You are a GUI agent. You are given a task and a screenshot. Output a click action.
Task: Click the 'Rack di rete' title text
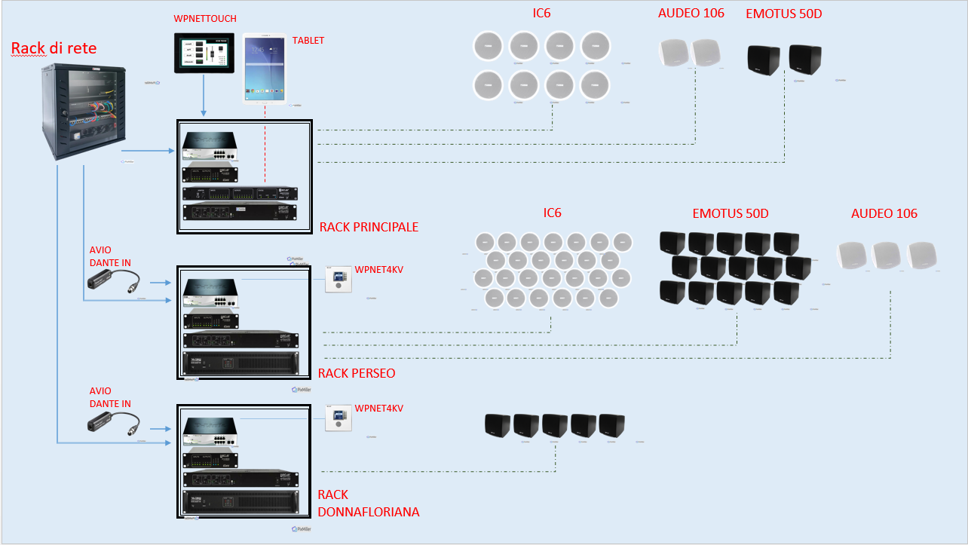click(54, 50)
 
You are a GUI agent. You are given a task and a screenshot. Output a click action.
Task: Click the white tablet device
click(264, 68)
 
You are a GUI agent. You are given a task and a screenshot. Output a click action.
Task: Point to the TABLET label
click(308, 40)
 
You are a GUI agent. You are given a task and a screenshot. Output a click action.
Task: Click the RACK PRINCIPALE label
click(369, 227)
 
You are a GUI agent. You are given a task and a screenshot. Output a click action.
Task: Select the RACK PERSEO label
click(357, 373)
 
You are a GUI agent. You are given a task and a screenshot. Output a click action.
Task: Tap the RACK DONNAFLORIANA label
click(368, 503)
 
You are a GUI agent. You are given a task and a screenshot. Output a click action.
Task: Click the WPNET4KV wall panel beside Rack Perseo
click(338, 280)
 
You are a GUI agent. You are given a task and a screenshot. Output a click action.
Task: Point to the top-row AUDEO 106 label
click(691, 13)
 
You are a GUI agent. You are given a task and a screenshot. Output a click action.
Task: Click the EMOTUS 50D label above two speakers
click(784, 14)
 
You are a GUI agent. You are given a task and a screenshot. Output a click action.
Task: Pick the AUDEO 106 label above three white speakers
click(884, 213)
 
